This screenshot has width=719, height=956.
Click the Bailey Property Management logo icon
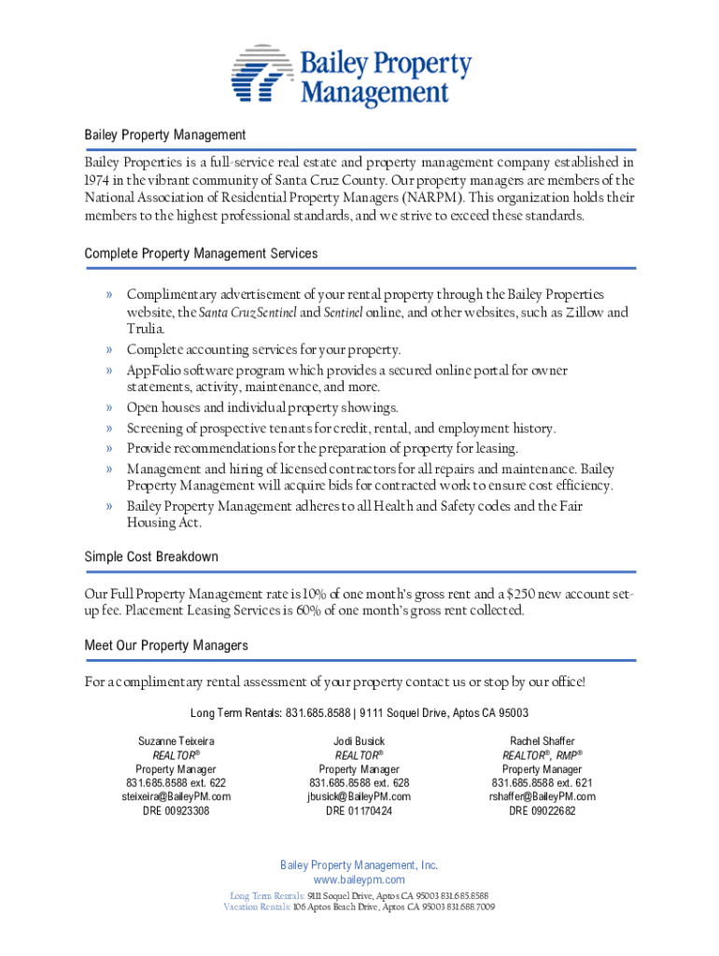262,74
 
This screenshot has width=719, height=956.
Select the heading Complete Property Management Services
201,253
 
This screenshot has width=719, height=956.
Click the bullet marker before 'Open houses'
109,408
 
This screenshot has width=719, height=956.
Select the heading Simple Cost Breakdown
151,556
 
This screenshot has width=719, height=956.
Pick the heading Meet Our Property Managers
166,645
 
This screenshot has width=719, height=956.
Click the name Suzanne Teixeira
176,741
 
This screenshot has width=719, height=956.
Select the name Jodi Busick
359,741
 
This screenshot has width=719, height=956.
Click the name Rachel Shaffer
542,741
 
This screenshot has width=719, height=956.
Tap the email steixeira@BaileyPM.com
176,797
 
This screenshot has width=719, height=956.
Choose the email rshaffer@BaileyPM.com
542,797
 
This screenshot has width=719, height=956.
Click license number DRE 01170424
359,811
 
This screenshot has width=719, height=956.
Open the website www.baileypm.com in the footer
359,880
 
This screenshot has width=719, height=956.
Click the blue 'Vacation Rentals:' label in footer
257,907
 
